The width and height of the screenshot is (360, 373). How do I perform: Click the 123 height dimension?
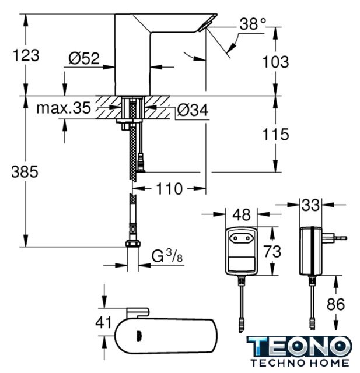pyautogui.click(x=26, y=55)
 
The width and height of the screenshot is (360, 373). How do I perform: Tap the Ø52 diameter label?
pyautogui.click(x=84, y=58)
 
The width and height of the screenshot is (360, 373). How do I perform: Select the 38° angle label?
pyautogui.click(x=253, y=24)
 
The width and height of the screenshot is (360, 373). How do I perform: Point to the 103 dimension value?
pyautogui.click(x=276, y=62)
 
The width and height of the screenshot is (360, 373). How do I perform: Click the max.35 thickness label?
pyautogui.click(x=64, y=108)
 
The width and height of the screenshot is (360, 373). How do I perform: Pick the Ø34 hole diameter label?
pyautogui.click(x=193, y=110)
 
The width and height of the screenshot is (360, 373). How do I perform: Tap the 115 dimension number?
pyautogui.click(x=276, y=134)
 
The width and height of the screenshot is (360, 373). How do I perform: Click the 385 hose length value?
pyautogui.click(x=25, y=171)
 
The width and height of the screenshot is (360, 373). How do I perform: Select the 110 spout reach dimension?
pyautogui.click(x=169, y=189)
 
